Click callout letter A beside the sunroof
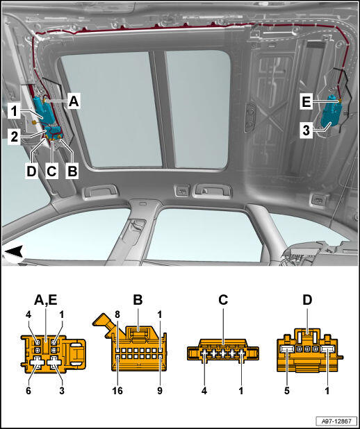(74, 101)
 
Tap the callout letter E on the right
(306, 102)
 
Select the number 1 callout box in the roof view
(14, 112)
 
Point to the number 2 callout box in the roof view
(14, 137)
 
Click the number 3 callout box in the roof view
(306, 131)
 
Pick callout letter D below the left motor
(32, 171)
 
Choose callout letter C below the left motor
(52, 171)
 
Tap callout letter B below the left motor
(72, 171)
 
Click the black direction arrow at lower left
(14, 251)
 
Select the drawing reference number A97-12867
(336, 421)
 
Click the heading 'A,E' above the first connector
(46, 301)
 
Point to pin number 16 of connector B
(117, 391)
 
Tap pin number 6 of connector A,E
(28, 391)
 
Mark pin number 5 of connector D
(286, 391)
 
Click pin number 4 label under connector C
(204, 391)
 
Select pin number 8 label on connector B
(117, 315)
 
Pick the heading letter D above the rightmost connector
(307, 301)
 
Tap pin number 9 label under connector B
(160, 391)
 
